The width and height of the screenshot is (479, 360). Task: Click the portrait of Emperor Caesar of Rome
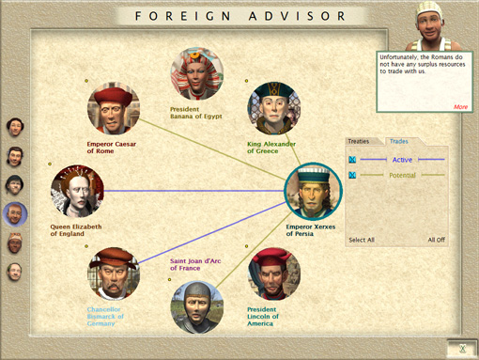[x=114, y=108]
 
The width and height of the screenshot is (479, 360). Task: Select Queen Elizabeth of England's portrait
[x=77, y=191]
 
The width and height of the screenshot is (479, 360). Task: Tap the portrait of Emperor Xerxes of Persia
[x=313, y=191]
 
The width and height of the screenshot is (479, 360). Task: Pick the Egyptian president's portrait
[x=197, y=73]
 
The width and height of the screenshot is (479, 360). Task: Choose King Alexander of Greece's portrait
[x=274, y=108]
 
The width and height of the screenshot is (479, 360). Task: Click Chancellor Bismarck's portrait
[x=114, y=274]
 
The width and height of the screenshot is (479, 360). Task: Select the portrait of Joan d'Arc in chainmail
[x=197, y=307]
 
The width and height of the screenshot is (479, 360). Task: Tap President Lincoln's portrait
[x=274, y=274]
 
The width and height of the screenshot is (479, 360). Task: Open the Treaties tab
[x=359, y=141]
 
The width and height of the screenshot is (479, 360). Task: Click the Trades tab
[x=399, y=141]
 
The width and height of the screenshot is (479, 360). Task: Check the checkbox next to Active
[x=352, y=160]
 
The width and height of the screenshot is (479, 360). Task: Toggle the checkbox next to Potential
[x=352, y=175]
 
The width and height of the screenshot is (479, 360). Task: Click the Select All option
[x=362, y=240]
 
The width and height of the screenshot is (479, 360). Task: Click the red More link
[x=460, y=107]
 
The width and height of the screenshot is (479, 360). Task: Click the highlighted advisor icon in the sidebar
[x=15, y=214]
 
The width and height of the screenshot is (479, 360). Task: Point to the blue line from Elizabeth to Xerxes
[x=194, y=191]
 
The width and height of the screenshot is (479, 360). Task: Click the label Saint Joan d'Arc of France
[x=195, y=264]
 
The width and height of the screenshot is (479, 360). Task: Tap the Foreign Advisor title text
[x=240, y=16]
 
